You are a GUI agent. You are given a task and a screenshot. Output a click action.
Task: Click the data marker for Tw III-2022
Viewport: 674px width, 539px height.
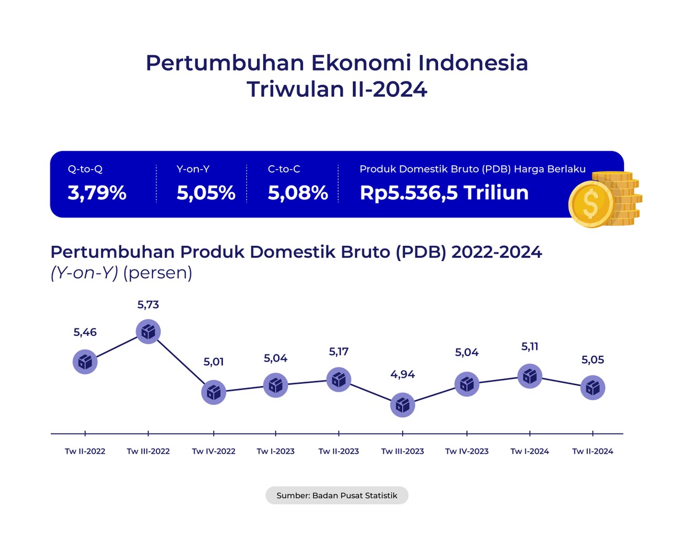coord(148,332)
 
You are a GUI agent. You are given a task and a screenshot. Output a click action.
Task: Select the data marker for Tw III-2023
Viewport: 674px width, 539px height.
coord(403,405)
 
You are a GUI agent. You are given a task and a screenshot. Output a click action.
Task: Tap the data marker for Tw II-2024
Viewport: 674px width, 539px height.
coord(593,388)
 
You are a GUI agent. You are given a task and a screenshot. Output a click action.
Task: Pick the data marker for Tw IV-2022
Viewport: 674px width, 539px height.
coord(214,393)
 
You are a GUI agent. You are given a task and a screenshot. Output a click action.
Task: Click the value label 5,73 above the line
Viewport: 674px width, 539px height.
coord(148,305)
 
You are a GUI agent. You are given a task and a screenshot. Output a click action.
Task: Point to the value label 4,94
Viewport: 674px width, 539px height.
coord(403,374)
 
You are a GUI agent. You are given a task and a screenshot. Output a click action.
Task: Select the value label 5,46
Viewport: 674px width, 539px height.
coord(85,332)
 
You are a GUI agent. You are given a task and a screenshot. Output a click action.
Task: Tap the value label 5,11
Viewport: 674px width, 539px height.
coord(530,346)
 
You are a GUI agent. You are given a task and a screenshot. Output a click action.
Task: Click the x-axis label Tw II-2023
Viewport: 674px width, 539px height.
coord(339,451)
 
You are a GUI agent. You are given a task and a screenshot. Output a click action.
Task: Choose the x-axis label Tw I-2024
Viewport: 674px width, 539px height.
coord(530,451)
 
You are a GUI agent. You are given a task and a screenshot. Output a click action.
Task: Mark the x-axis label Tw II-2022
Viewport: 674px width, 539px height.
coord(85,451)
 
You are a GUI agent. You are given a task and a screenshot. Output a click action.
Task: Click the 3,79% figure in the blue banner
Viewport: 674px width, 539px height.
coord(97,193)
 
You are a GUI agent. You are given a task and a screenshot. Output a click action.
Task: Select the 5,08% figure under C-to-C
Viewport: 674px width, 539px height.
coord(298,193)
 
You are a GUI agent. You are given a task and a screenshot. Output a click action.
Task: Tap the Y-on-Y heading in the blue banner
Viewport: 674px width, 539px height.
coord(193,169)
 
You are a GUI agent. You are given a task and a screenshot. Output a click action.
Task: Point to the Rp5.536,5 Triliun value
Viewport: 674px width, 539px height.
coord(444,193)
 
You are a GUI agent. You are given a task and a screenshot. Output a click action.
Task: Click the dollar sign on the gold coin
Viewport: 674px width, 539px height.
coord(591,204)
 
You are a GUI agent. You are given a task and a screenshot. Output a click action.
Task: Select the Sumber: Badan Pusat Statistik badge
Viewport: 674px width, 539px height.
coord(337,495)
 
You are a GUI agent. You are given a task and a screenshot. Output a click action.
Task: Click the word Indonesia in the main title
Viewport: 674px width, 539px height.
coord(473,63)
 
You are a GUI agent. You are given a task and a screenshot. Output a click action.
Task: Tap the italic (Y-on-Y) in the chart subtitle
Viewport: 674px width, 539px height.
coord(84,273)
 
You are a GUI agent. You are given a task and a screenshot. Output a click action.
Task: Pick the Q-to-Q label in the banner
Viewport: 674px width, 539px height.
coord(85,169)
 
